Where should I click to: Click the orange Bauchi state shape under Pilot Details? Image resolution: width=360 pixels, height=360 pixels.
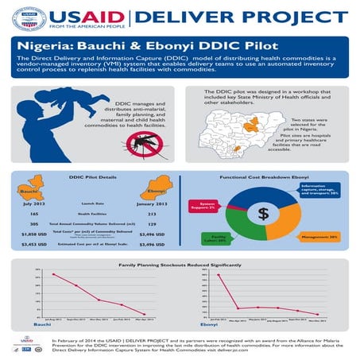pos(35,188)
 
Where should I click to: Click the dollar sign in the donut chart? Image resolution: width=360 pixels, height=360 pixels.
pos(264,214)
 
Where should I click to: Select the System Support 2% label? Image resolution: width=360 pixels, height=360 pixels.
pos(207,207)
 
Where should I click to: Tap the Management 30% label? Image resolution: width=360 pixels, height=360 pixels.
pos(322,236)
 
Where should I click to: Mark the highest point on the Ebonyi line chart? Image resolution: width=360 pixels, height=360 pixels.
pos(218,275)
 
